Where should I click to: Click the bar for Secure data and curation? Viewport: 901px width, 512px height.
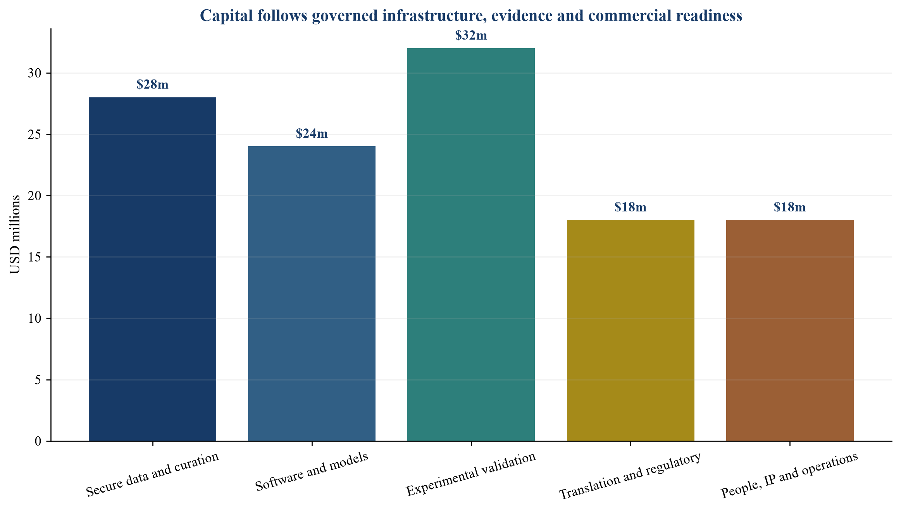pyautogui.click(x=152, y=269)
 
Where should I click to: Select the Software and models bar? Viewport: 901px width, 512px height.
pyautogui.click(x=312, y=294)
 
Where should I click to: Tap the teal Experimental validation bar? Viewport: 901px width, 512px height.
pyautogui.click(x=471, y=244)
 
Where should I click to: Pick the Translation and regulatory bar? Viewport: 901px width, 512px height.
pyautogui.click(x=631, y=330)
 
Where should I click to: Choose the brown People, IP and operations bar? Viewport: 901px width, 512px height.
pyautogui.click(x=790, y=330)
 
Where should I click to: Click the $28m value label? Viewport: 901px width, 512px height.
pyautogui.click(x=153, y=85)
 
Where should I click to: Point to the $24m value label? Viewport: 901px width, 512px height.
pyautogui.click(x=312, y=134)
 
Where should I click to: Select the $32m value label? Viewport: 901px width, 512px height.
pyautogui.click(x=471, y=36)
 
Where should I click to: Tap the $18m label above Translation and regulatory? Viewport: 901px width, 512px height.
pyautogui.click(x=631, y=208)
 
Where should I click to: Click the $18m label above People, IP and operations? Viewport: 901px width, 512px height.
pyautogui.click(x=790, y=208)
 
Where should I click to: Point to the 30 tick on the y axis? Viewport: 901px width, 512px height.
pyautogui.click(x=34, y=73)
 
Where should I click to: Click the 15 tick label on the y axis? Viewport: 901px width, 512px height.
pyautogui.click(x=34, y=257)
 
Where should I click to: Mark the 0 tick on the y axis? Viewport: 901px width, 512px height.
pyautogui.click(x=38, y=441)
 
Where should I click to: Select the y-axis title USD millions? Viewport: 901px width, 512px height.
pyautogui.click(x=15, y=235)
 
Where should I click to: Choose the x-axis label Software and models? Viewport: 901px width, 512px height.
pyautogui.click(x=312, y=472)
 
